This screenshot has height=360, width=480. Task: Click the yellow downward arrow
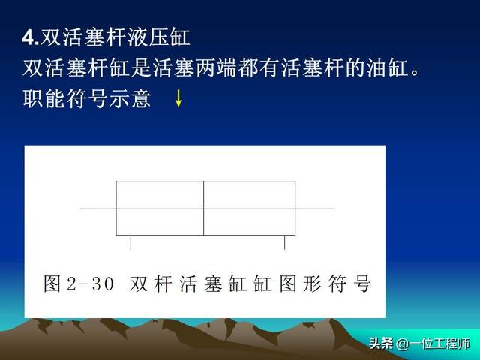178,98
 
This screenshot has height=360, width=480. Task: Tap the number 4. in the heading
31,38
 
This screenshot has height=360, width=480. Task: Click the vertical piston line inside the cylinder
203,208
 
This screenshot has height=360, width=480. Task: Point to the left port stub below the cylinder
131,242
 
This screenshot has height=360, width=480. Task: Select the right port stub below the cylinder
285,242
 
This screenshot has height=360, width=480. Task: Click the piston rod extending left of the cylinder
98,208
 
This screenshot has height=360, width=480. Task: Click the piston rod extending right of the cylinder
315,208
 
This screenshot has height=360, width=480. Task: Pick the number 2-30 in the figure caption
90,283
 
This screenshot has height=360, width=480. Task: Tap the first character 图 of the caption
52,283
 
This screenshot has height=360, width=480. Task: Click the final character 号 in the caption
362,283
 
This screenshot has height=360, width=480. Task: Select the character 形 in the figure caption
312,283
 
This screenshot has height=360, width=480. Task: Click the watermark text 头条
380,343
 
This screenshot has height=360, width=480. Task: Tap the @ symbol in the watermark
402,343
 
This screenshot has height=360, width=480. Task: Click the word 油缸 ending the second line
388,67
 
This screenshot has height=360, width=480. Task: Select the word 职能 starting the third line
44,98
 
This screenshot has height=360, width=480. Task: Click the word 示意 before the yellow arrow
130,98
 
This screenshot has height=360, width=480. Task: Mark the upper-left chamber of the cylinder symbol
160,195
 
